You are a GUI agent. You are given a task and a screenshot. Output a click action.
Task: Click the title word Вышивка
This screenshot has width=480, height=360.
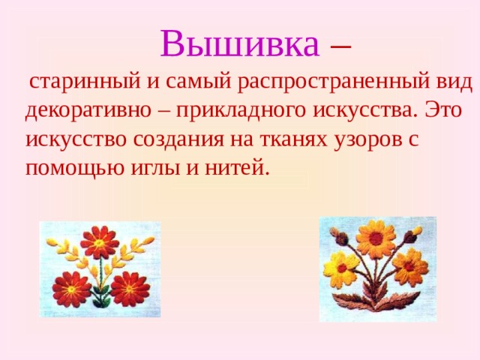click(239, 44)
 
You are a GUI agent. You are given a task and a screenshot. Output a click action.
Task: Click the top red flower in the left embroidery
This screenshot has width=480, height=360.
click(99, 241)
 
